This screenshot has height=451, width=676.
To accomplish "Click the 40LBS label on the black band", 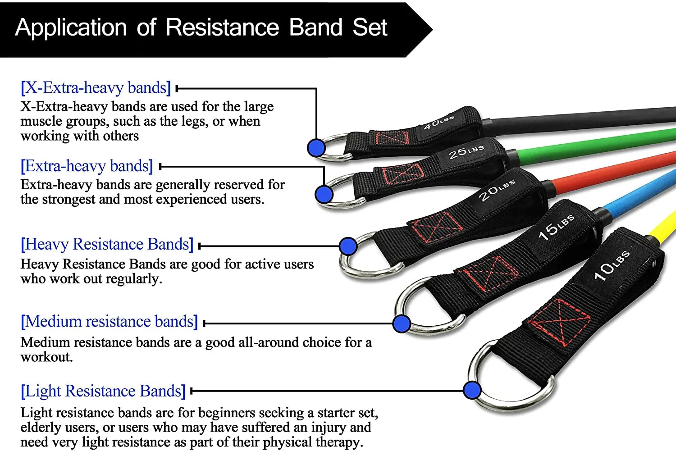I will tap(438, 122).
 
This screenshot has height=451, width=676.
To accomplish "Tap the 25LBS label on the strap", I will tap(466, 152).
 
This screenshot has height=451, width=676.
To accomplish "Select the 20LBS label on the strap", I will tap(496, 190).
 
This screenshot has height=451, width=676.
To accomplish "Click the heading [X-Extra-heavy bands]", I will tap(96, 87).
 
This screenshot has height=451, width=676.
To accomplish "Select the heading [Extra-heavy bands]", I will tap(87, 166).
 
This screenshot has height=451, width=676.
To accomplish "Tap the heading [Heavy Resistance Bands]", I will tap(107, 244).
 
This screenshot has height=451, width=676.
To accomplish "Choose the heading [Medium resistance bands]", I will tap(109, 322).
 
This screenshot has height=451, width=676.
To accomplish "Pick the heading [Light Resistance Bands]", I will tap(103, 391).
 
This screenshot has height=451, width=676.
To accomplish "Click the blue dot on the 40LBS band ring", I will tap(316, 147).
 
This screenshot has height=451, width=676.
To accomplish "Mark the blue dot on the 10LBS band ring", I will tap(472, 390).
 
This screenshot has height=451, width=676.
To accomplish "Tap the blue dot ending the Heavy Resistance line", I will tap(348, 246).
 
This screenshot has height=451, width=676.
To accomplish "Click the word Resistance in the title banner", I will tap(222, 28).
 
